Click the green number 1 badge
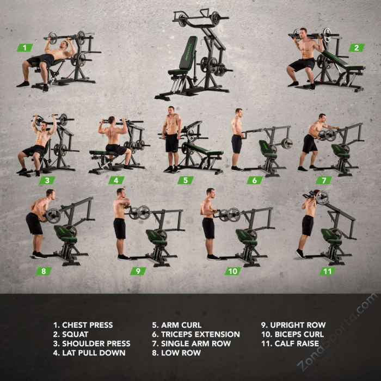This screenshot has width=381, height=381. (x=25, y=48)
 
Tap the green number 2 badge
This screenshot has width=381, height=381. (x=357, y=48)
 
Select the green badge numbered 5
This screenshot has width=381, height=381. (x=186, y=180)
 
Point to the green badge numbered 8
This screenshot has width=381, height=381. (x=44, y=271)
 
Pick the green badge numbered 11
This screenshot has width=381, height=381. (x=327, y=271)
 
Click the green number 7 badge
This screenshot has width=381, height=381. (x=324, y=180)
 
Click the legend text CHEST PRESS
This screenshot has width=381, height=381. (x=88, y=325)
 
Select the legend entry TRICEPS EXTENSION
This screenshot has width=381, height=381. (x=200, y=334)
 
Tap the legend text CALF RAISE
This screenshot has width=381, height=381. (x=297, y=343)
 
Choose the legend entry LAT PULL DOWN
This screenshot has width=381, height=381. (x=94, y=353)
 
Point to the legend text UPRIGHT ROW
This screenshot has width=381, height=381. (x=298, y=325)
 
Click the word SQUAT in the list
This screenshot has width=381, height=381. (x=75, y=334)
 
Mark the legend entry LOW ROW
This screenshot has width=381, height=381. (x=181, y=353)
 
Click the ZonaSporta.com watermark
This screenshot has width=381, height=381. (x=337, y=333)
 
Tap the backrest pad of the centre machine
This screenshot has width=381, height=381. (x=188, y=52)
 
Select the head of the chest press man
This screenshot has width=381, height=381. (x=64, y=45)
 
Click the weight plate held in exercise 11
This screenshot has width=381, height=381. (x=322, y=198)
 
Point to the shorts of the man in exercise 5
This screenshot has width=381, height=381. (x=172, y=143)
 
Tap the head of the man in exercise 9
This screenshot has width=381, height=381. (x=121, y=193)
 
